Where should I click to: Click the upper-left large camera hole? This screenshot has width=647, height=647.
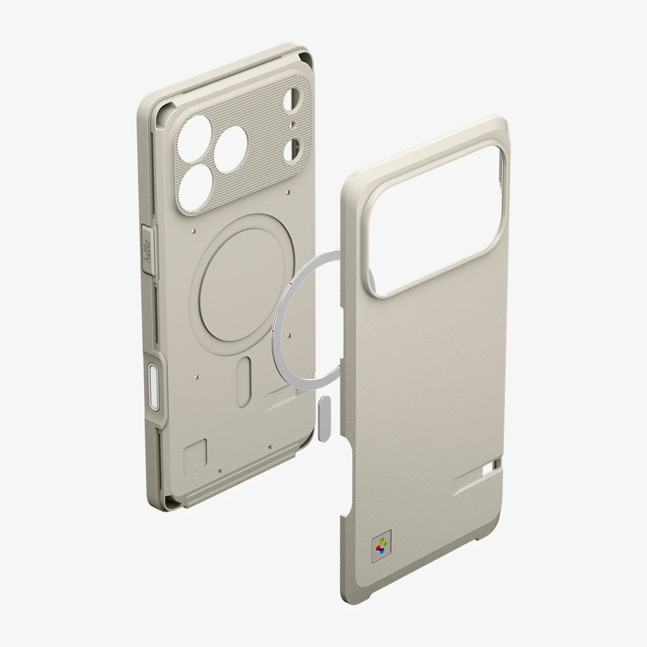pyautogui.click(x=194, y=139)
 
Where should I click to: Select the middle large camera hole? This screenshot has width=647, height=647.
pyautogui.click(x=231, y=149)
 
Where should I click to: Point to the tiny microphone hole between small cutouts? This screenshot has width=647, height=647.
pyautogui.click(x=293, y=125)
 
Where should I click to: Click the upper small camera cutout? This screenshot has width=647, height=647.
pyautogui.click(x=293, y=99)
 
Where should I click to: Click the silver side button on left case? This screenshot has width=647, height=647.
pyautogui.click(x=153, y=387)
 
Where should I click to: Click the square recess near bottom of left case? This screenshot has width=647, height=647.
pyautogui.click(x=195, y=456)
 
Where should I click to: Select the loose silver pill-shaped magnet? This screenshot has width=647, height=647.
pyautogui.click(x=324, y=417)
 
